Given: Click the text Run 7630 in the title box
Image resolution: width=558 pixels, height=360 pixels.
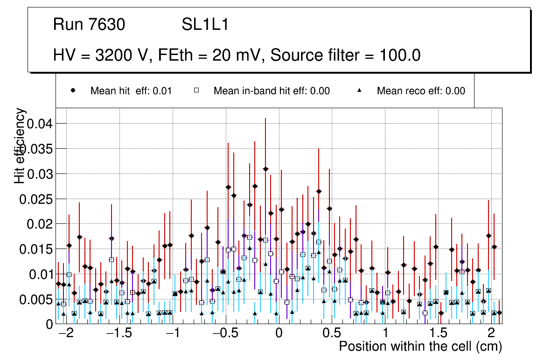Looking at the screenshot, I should [x=89, y=25].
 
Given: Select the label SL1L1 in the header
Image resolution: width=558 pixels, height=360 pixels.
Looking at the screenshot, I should [x=205, y=25].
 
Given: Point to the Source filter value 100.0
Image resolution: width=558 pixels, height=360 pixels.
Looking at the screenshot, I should [x=397, y=55].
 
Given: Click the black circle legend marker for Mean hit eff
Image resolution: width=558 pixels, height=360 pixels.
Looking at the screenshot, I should [x=73, y=91].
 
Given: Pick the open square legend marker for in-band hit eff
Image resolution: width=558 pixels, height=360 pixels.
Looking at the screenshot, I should [x=196, y=91].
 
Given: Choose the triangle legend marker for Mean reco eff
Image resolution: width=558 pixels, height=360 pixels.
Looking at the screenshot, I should [x=360, y=91].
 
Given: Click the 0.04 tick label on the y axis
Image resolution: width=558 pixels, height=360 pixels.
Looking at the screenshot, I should [x=41, y=124].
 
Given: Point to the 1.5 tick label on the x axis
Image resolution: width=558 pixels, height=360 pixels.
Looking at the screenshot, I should [x=439, y=334].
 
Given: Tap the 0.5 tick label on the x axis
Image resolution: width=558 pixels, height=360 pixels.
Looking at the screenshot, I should [x=332, y=334].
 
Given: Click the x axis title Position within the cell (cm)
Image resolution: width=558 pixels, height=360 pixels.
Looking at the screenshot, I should [x=420, y=347].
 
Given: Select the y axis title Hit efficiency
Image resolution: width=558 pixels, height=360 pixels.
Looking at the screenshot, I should [x=20, y=145].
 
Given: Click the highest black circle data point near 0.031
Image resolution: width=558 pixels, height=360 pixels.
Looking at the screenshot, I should [x=265, y=169].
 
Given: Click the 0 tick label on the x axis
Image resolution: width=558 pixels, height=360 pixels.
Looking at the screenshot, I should [x=279, y=334].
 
